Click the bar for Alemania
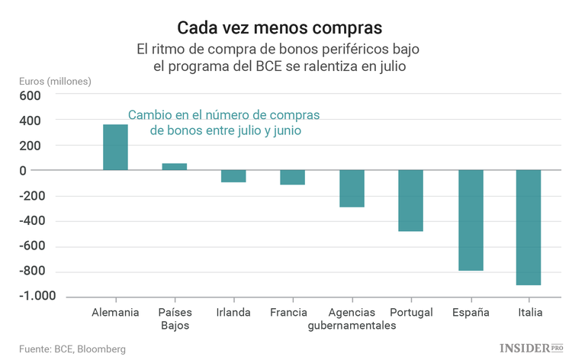click(115, 147)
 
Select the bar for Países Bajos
click(175, 166)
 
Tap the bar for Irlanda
click(233, 176)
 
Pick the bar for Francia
click(292, 177)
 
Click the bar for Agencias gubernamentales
click(352, 188)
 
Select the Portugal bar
click(410, 201)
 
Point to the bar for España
click(470, 220)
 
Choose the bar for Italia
click(529, 227)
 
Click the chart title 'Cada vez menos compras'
click(280, 28)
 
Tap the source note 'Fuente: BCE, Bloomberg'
click(72, 349)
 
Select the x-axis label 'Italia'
click(529, 313)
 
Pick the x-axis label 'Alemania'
click(115, 313)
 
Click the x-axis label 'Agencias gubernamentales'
click(352, 319)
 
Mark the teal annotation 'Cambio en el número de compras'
click(223, 115)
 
